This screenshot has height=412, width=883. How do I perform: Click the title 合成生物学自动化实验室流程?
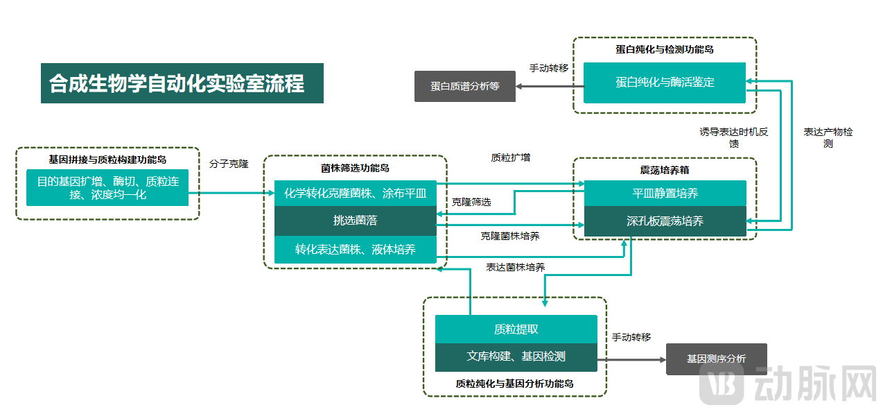pyautogui.click(x=182, y=83)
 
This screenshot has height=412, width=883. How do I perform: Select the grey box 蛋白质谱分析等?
pyautogui.click(x=464, y=86)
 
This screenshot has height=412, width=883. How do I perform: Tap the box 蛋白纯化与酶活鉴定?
pyautogui.click(x=664, y=83)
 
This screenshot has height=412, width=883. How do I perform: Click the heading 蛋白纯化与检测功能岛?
pyautogui.click(x=664, y=49)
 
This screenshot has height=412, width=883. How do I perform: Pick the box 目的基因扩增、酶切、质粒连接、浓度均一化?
pyautogui.click(x=107, y=187)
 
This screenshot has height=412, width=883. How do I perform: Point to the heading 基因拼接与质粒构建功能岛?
pyautogui.click(x=107, y=159)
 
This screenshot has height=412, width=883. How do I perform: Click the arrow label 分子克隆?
pyautogui.click(x=229, y=164)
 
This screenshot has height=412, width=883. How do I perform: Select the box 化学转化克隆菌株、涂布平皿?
pyautogui.click(x=355, y=193)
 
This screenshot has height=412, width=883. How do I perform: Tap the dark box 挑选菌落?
pyautogui.click(x=355, y=221)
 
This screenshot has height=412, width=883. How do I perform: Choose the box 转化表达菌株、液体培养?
pyautogui.click(x=355, y=249)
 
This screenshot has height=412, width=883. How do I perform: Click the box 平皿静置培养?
pyautogui.click(x=665, y=193)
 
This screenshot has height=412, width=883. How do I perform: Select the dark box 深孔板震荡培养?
pyautogui.click(x=665, y=221)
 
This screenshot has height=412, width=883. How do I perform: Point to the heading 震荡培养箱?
pyautogui.click(x=664, y=170)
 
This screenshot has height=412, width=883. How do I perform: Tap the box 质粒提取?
pyautogui.click(x=516, y=329)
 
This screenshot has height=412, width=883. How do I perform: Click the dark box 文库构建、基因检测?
pyautogui.click(x=516, y=357)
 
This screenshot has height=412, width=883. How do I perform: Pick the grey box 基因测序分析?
pyautogui.click(x=716, y=359)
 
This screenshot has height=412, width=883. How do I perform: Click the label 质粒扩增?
pyautogui.click(x=511, y=157)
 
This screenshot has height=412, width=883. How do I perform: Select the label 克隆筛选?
pyautogui.click(x=471, y=202)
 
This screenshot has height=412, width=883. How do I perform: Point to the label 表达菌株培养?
pyautogui.click(x=515, y=267)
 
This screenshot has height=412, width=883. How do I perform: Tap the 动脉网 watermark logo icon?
pyautogui.click(x=722, y=384)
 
